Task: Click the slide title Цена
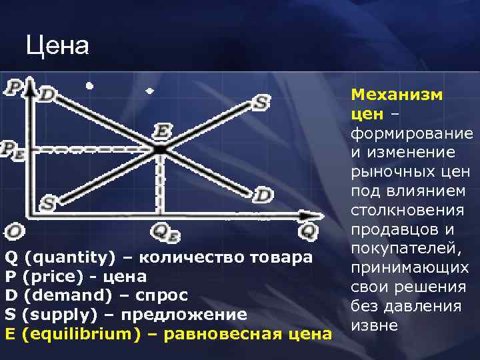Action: tap(57, 46)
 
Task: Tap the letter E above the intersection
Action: tap(161, 130)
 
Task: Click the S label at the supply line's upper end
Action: tap(260, 103)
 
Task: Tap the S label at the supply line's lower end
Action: tap(47, 203)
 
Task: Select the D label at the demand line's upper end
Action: tap(47, 95)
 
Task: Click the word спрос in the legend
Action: tap(163, 295)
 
